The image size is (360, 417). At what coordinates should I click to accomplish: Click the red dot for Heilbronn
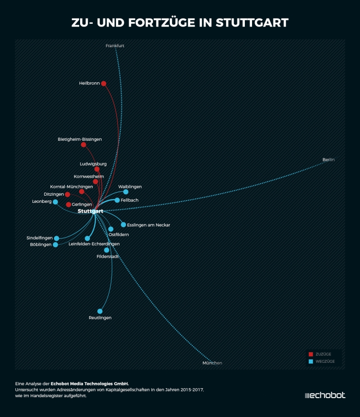tap(103, 83)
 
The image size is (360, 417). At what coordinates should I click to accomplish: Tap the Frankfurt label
tap(115, 46)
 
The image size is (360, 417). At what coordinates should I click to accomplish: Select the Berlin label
tap(328, 160)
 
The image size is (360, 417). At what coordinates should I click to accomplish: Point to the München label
tap(212, 363)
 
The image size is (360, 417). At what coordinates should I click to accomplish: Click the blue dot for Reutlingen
tap(100, 311)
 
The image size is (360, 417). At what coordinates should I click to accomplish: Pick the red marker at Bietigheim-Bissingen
tap(83, 145)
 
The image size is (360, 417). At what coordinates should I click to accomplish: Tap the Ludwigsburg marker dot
tap(97, 169)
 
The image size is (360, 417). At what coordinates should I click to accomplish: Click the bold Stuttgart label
tap(90, 211)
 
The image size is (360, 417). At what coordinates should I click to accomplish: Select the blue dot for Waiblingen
tap(126, 192)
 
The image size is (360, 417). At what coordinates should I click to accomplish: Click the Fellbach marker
tap(117, 200)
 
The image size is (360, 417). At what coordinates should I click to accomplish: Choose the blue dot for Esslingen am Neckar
tap(123, 224)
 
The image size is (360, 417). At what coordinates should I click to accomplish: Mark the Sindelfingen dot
tap(56, 238)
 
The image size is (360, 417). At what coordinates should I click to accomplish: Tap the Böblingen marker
tap(55, 245)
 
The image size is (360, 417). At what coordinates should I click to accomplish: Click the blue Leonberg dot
tap(55, 202)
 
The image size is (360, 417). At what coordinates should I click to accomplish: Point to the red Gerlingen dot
tap(68, 205)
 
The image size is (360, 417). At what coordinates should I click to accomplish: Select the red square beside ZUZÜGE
tap(311, 354)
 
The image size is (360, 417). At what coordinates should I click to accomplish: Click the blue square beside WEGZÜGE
tap(311, 361)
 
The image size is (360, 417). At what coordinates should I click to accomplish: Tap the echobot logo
tap(325, 395)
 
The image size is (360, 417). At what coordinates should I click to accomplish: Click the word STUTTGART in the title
tap(252, 22)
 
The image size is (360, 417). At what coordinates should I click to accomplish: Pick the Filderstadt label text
tap(108, 256)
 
